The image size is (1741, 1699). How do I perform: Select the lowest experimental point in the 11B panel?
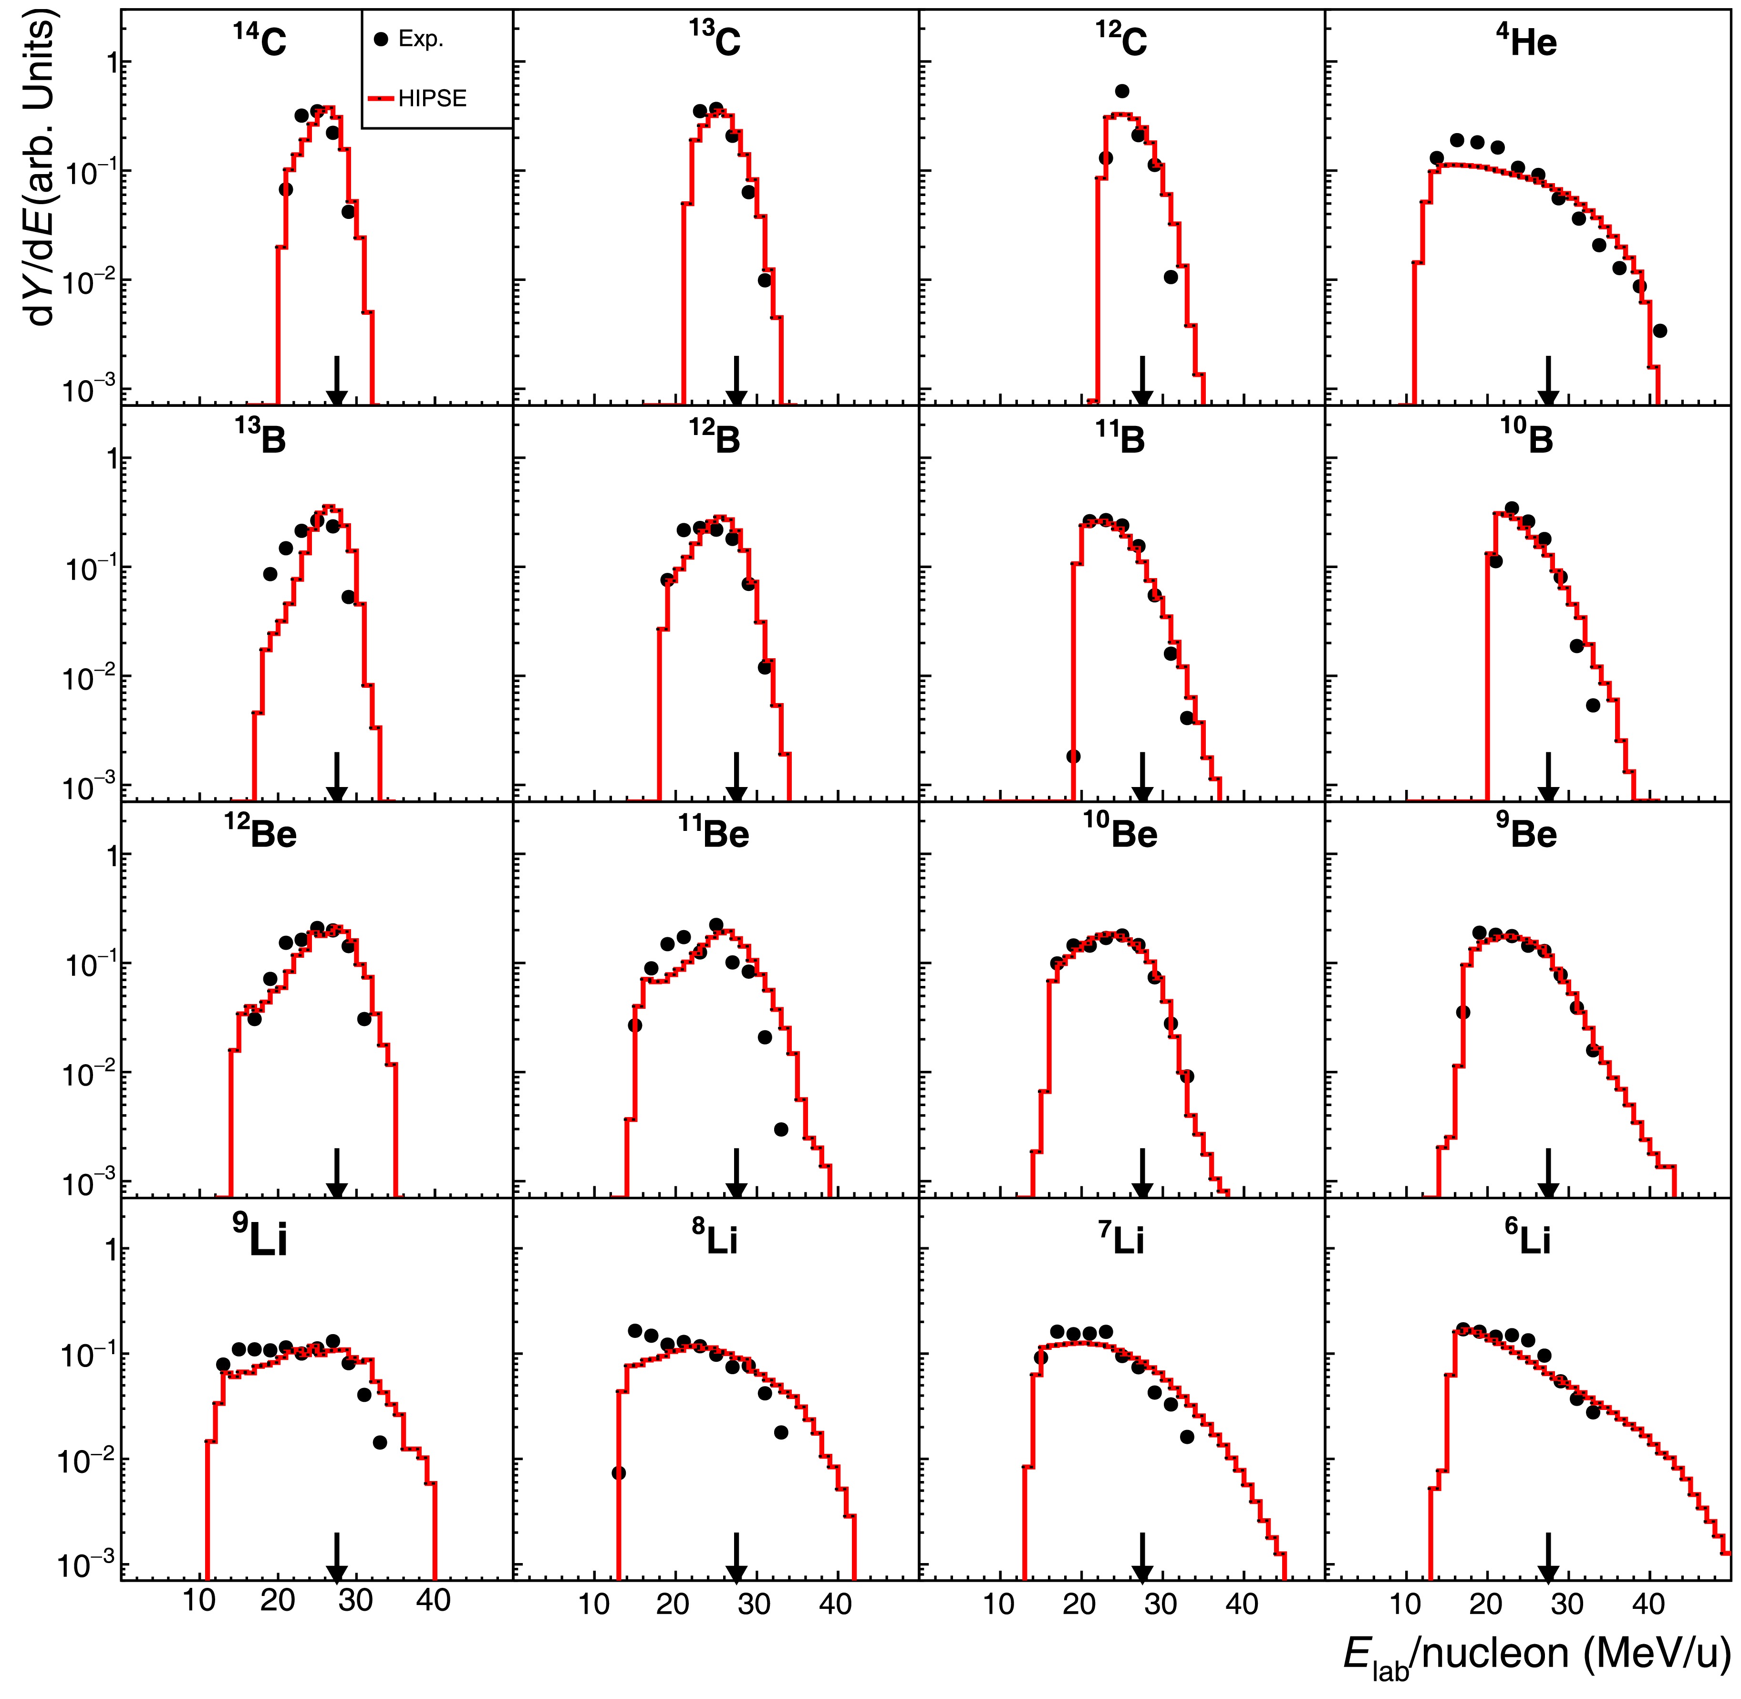(1074, 756)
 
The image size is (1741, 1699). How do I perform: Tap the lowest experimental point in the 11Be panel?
(781, 1129)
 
